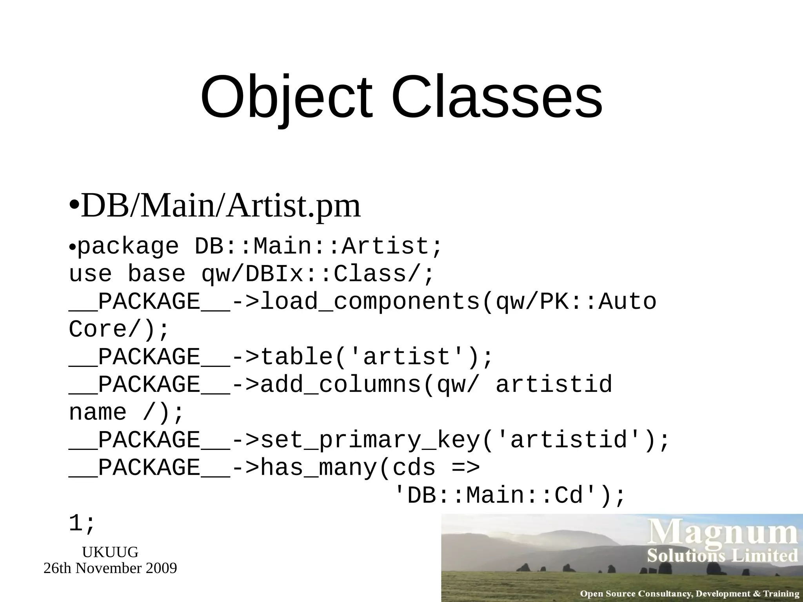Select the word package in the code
pyautogui.click(x=128, y=247)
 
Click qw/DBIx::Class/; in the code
pyautogui.click(x=318, y=274)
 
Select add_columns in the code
pyautogui.click(x=341, y=384)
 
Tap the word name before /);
pyautogui.click(x=98, y=412)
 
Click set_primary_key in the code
pyautogui.click(x=370, y=440)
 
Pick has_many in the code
pyautogui.click(x=319, y=468)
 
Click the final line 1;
pyautogui.click(x=82, y=524)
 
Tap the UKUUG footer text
pyautogui.click(x=110, y=552)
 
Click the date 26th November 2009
pyautogui.click(x=110, y=568)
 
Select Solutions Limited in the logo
pyautogui.click(x=723, y=556)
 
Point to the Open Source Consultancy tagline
pyautogui.click(x=689, y=594)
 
